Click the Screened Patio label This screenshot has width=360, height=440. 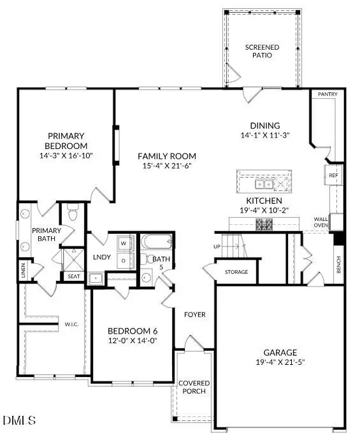pyautogui.click(x=262, y=51)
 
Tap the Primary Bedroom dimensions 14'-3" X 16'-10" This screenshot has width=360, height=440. pyautogui.click(x=66, y=155)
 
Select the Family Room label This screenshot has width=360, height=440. pyautogui.click(x=167, y=156)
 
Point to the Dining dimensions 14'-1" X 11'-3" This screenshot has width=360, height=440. pyautogui.click(x=265, y=135)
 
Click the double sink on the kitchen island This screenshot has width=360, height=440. pyautogui.click(x=264, y=185)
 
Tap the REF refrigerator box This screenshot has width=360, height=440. pyautogui.click(x=333, y=175)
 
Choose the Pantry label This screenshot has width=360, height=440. pyautogui.click(x=328, y=94)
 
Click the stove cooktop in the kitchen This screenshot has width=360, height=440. pyautogui.click(x=264, y=225)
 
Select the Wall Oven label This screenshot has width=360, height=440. pyautogui.click(x=320, y=222)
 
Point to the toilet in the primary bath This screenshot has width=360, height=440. pyautogui.click(x=73, y=213)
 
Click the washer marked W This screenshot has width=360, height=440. pyautogui.click(x=124, y=243)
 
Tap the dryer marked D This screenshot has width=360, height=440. pyautogui.click(x=124, y=260)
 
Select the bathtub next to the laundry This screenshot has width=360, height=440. pyautogui.click(x=156, y=241)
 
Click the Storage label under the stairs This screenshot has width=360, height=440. pyautogui.click(x=236, y=272)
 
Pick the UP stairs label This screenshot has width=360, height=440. pyautogui.click(x=217, y=246)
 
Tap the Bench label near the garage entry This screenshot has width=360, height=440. pyautogui.click(x=338, y=264)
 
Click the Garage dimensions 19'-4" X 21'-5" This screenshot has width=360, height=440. pyautogui.click(x=280, y=362)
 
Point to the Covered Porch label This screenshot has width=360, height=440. pyautogui.click(x=194, y=387)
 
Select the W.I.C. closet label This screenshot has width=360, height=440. pyautogui.click(x=71, y=324)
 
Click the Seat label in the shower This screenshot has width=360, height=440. pyautogui.click(x=73, y=276)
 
